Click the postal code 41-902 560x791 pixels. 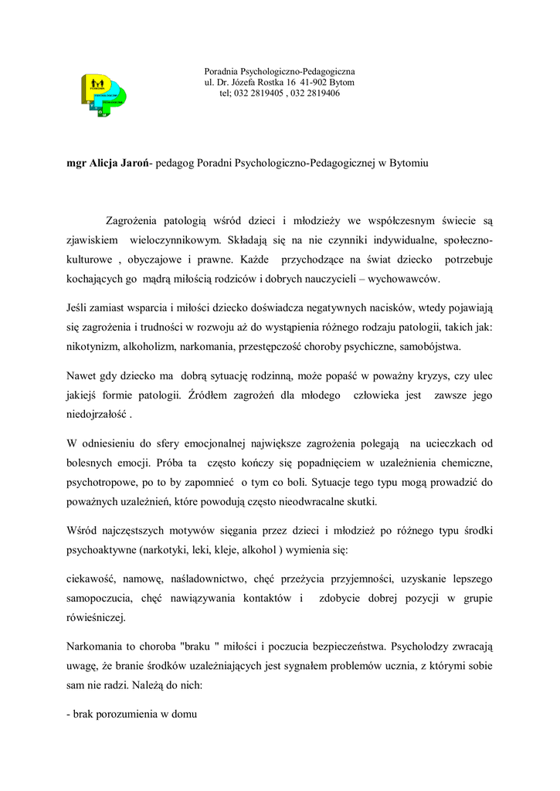(315, 82)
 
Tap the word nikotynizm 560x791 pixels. (91, 347)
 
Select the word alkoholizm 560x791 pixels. (151, 347)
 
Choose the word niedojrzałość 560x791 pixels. (97, 415)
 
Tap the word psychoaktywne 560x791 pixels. (101, 550)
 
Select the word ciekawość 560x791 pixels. (92, 579)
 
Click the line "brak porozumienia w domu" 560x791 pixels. (133, 715)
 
